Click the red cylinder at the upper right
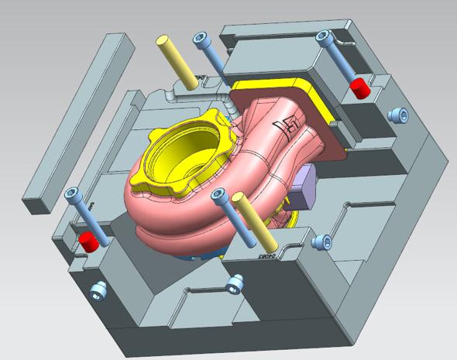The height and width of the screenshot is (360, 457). pos(358,87)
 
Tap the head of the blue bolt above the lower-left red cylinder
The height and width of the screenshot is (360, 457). pos(73,193)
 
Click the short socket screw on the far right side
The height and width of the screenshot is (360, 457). pos(399,115)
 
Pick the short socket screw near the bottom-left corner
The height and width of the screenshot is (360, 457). pos(98,291)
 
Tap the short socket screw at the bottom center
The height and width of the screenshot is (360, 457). pos(232,285)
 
